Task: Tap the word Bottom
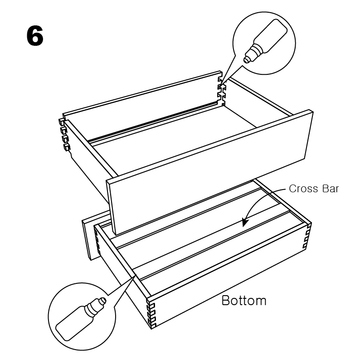244,300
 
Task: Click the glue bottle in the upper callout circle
265,41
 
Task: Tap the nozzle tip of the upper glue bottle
246,61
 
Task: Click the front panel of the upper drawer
210,173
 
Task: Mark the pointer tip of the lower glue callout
136,275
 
